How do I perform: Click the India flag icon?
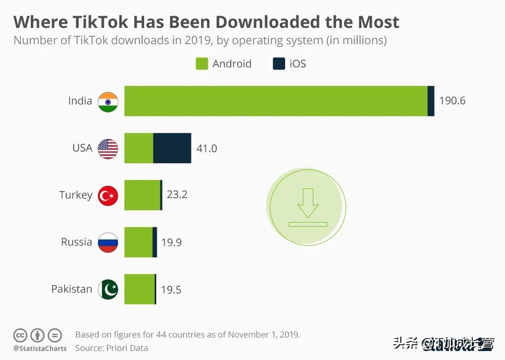(108, 102)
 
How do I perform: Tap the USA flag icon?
(108, 148)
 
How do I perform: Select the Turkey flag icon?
(108, 195)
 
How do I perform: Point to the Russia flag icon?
(108, 242)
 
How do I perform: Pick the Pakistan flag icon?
(108, 289)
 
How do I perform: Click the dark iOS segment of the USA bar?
(172, 148)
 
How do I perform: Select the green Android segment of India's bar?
(276, 101)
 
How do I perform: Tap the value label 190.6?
(452, 101)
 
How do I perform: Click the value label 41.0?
(206, 148)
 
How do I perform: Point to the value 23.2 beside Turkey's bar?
(177, 195)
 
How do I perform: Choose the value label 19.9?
(171, 243)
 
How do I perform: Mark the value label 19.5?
(170, 289)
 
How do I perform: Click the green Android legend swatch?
(202, 64)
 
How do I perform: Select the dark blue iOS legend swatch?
(278, 64)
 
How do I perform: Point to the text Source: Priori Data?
(112, 348)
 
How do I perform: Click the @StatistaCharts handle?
(40, 348)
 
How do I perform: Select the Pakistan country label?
(72, 289)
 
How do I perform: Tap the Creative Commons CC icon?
(20, 335)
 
